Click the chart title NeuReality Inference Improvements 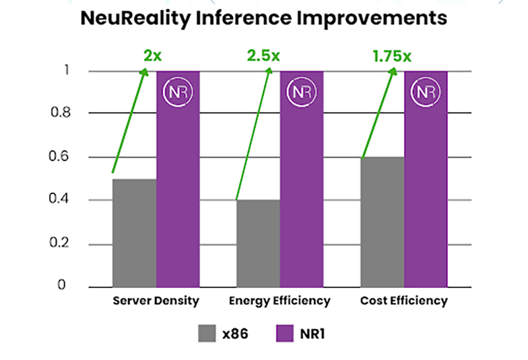pyautogui.click(x=264, y=18)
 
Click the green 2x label pyautogui.click(x=152, y=55)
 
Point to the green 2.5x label pyautogui.click(x=264, y=55)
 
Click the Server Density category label pyautogui.click(x=156, y=301)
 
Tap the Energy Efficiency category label pyautogui.click(x=279, y=301)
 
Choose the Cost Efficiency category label pyautogui.click(x=404, y=301)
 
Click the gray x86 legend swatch pyautogui.click(x=207, y=333)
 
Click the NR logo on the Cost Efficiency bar pyautogui.click(x=426, y=92)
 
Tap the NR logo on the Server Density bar pyautogui.click(x=178, y=92)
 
